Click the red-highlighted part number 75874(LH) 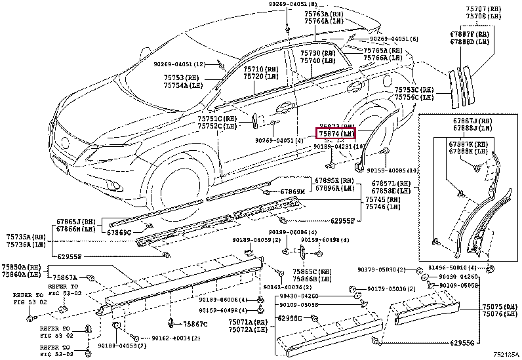pos(336,133)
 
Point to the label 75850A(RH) pos(24,267)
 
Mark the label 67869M pos(289,192)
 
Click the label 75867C pos(195,324)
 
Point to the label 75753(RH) pos(181,77)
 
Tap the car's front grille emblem pos(65,140)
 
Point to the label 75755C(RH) pos(414,89)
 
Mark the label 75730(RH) pos(318,53)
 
